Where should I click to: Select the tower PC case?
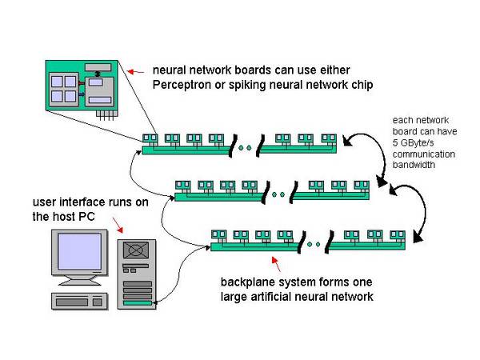click(x=138, y=272)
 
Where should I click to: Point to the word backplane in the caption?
click(x=246, y=282)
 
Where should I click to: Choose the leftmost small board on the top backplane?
click(x=150, y=138)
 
